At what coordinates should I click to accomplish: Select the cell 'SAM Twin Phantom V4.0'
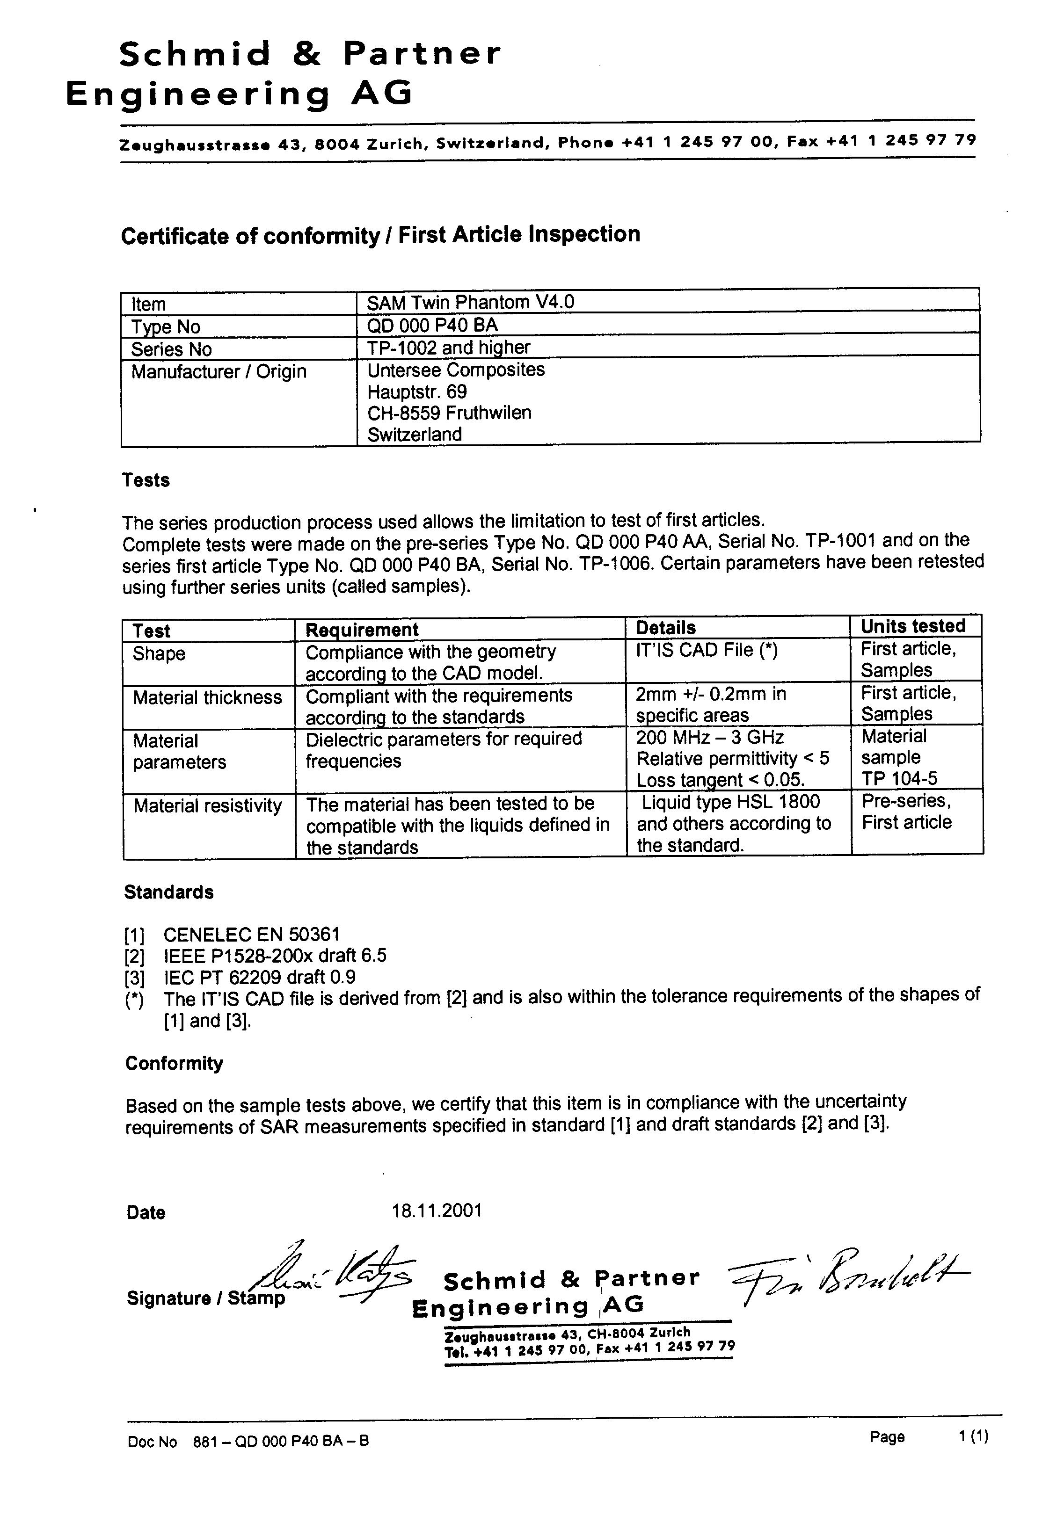point(470,303)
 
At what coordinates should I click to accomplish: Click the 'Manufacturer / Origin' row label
point(219,371)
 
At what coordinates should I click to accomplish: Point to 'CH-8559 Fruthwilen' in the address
point(449,413)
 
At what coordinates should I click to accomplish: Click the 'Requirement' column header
point(361,629)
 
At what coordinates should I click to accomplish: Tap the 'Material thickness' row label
point(207,698)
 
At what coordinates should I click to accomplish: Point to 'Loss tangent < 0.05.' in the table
point(721,780)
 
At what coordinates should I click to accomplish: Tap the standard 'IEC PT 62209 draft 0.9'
point(259,977)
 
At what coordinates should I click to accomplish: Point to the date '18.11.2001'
point(437,1210)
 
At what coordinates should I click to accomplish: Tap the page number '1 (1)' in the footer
point(973,1437)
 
